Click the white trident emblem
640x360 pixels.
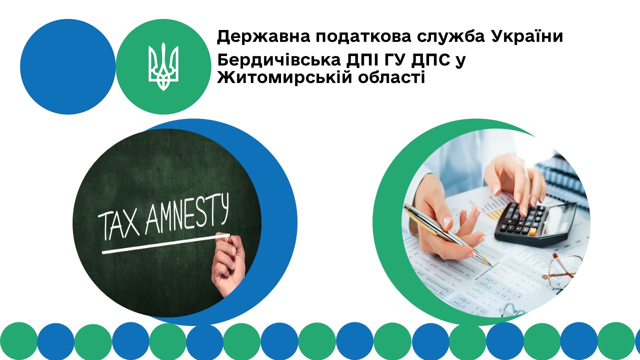point(163,66)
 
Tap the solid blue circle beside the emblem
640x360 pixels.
point(68,66)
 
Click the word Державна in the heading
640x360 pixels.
point(263,37)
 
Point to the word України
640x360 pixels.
point(527,36)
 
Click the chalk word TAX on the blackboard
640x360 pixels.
point(118,225)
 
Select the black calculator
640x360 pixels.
point(535,223)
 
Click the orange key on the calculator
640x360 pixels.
point(532,232)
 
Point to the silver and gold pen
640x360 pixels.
point(447,235)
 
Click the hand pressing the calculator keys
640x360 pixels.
point(515,183)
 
